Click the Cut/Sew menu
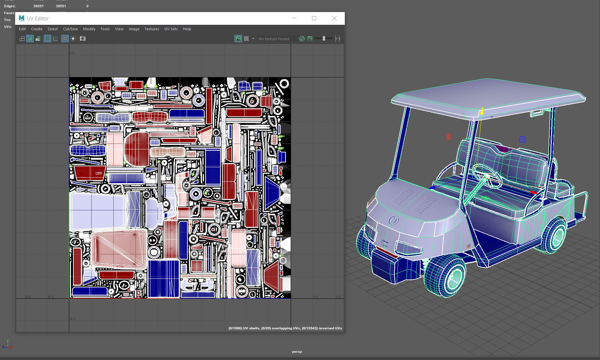coord(70,29)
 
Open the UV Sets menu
coord(171,29)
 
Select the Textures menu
coord(152,29)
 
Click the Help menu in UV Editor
coord(187,29)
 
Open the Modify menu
coord(89,29)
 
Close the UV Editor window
coord(334,18)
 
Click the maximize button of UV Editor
coord(314,18)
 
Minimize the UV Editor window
coord(294,18)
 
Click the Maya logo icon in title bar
coord(22,18)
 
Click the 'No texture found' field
coord(274,39)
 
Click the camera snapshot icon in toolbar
coord(83,39)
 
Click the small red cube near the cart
coord(448,137)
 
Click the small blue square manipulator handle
coord(522,139)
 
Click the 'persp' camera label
coord(297,351)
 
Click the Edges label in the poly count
coord(10,6)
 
